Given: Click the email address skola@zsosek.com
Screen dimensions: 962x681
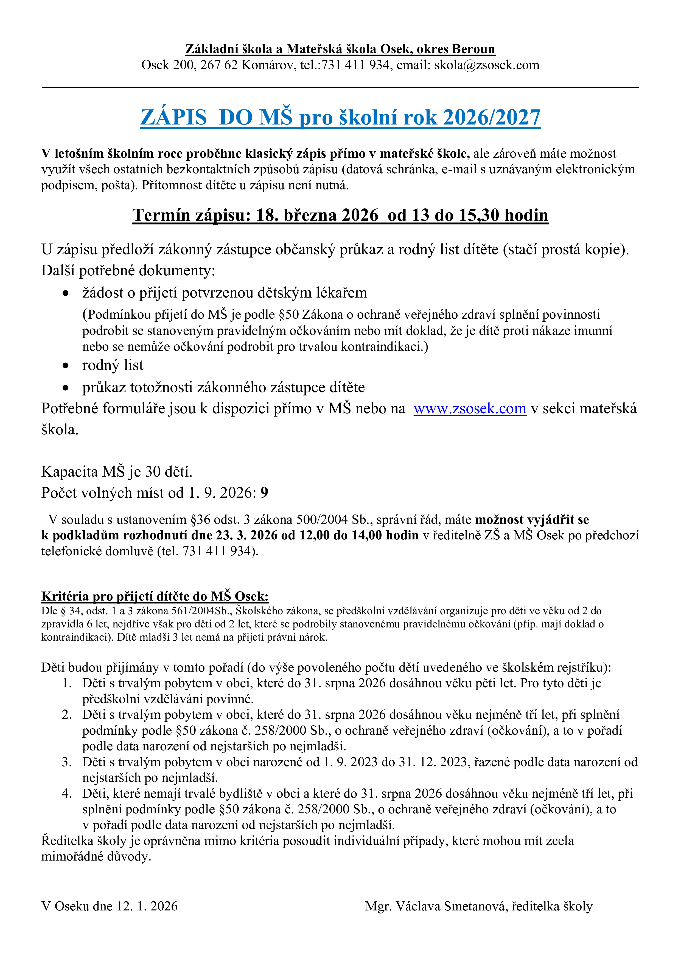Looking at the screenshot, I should [x=486, y=65].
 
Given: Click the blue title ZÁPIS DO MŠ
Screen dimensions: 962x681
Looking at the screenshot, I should [x=340, y=117].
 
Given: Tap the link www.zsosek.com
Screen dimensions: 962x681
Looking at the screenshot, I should [x=470, y=409].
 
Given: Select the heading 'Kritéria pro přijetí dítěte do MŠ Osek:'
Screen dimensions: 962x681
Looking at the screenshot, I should [x=155, y=596].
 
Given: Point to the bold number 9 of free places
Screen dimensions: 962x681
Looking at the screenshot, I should [x=264, y=493].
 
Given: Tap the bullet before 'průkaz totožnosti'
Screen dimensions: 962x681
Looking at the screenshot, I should [x=65, y=387].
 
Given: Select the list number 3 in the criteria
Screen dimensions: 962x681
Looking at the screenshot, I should [x=67, y=762].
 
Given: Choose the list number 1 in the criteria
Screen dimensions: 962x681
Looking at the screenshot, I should [x=67, y=683].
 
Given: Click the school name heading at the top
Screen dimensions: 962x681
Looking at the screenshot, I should [x=340, y=49].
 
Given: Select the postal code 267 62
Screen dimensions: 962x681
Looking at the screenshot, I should [x=219, y=65].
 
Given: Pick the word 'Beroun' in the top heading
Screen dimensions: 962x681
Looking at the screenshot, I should [x=473, y=49].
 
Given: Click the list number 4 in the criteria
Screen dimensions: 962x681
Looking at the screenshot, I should [x=67, y=794].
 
